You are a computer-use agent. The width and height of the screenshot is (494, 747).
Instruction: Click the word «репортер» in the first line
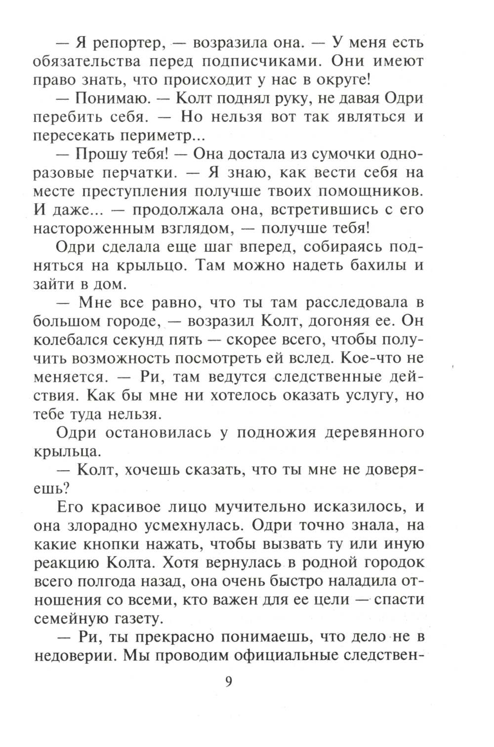pos(124,43)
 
